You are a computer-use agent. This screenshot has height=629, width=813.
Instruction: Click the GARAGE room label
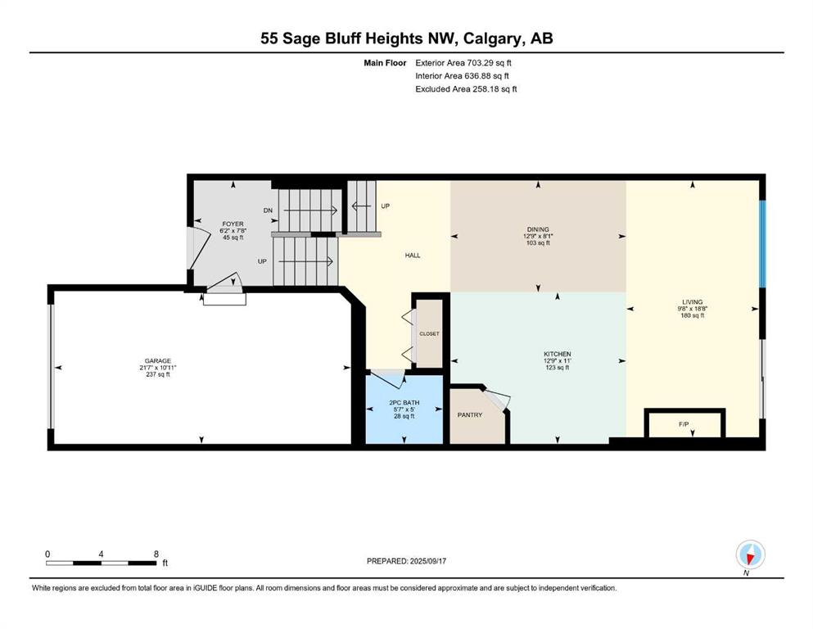tap(158, 360)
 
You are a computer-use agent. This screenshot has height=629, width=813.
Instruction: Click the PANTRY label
tap(469, 414)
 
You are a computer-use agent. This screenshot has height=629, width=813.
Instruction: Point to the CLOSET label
tap(429, 334)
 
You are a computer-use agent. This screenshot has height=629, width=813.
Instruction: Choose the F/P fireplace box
tap(684, 425)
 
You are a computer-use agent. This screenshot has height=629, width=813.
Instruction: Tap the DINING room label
tap(538, 229)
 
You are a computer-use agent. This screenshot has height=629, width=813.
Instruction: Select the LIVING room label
tap(692, 301)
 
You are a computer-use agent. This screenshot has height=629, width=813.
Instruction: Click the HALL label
tap(413, 256)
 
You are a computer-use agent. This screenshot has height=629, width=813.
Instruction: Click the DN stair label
tap(268, 210)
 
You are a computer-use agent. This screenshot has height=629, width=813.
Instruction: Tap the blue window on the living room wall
tap(761, 243)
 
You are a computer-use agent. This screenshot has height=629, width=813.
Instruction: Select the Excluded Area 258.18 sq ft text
tap(466, 88)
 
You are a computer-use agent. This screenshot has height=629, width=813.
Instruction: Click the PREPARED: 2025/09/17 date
tap(411, 561)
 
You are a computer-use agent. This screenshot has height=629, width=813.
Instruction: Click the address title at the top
tap(406, 38)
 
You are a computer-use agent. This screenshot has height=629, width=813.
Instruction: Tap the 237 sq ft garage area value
tap(158, 375)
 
